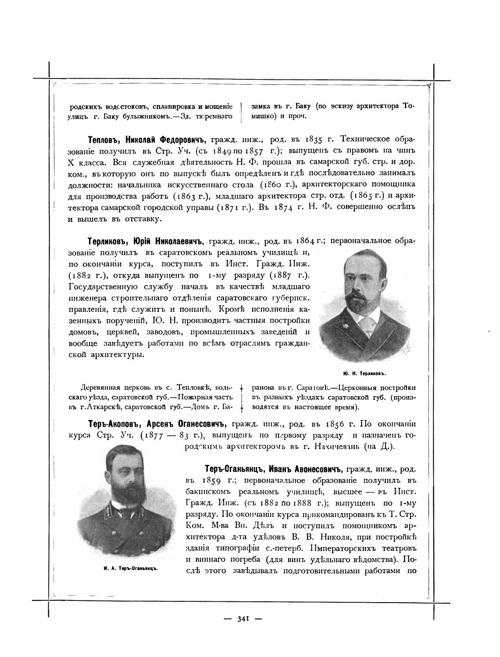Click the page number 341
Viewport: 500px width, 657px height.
coord(243,619)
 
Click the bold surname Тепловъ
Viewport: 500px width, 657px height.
coord(104,140)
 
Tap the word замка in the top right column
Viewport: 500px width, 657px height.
coord(259,106)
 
